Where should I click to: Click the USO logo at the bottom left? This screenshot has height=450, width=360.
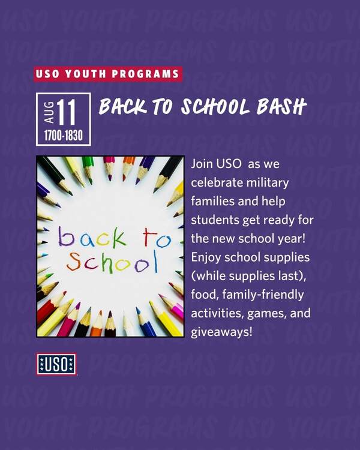tap(56, 364)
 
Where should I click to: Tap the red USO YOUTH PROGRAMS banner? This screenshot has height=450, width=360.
tap(108, 74)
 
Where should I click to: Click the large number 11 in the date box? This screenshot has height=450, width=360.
tap(67, 113)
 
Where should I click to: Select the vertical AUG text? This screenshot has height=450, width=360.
tap(49, 112)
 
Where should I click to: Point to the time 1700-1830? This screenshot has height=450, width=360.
tap(64, 135)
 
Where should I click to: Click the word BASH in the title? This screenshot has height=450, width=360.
tap(281, 106)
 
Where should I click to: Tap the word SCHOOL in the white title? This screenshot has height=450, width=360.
tap(215, 107)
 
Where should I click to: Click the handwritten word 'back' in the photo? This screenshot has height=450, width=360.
tap(92, 237)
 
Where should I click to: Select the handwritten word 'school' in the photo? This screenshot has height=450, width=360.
tap(112, 262)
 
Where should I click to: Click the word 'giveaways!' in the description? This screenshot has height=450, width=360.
tap(221, 332)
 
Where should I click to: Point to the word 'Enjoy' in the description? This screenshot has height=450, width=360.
tap(206, 258)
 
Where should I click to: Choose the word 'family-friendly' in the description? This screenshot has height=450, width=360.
tap(263, 295)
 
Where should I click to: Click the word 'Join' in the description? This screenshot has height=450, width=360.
tap(202, 164)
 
